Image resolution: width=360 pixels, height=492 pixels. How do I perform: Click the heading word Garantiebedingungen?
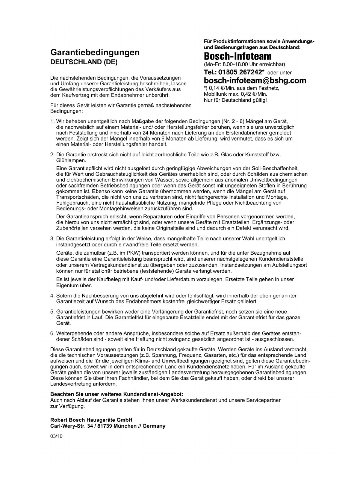point(95,52)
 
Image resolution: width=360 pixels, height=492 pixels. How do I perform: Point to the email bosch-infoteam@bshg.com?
point(255,80)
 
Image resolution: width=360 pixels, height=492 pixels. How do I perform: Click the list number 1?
point(52,121)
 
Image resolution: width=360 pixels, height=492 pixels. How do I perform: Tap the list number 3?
point(52,238)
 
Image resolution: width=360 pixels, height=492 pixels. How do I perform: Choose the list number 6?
point(52,333)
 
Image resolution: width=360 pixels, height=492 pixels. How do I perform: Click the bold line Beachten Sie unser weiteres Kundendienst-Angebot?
point(116,394)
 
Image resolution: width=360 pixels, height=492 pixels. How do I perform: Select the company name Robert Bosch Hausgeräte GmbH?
point(91,420)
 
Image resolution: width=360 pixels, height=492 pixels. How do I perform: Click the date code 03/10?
point(56,436)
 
